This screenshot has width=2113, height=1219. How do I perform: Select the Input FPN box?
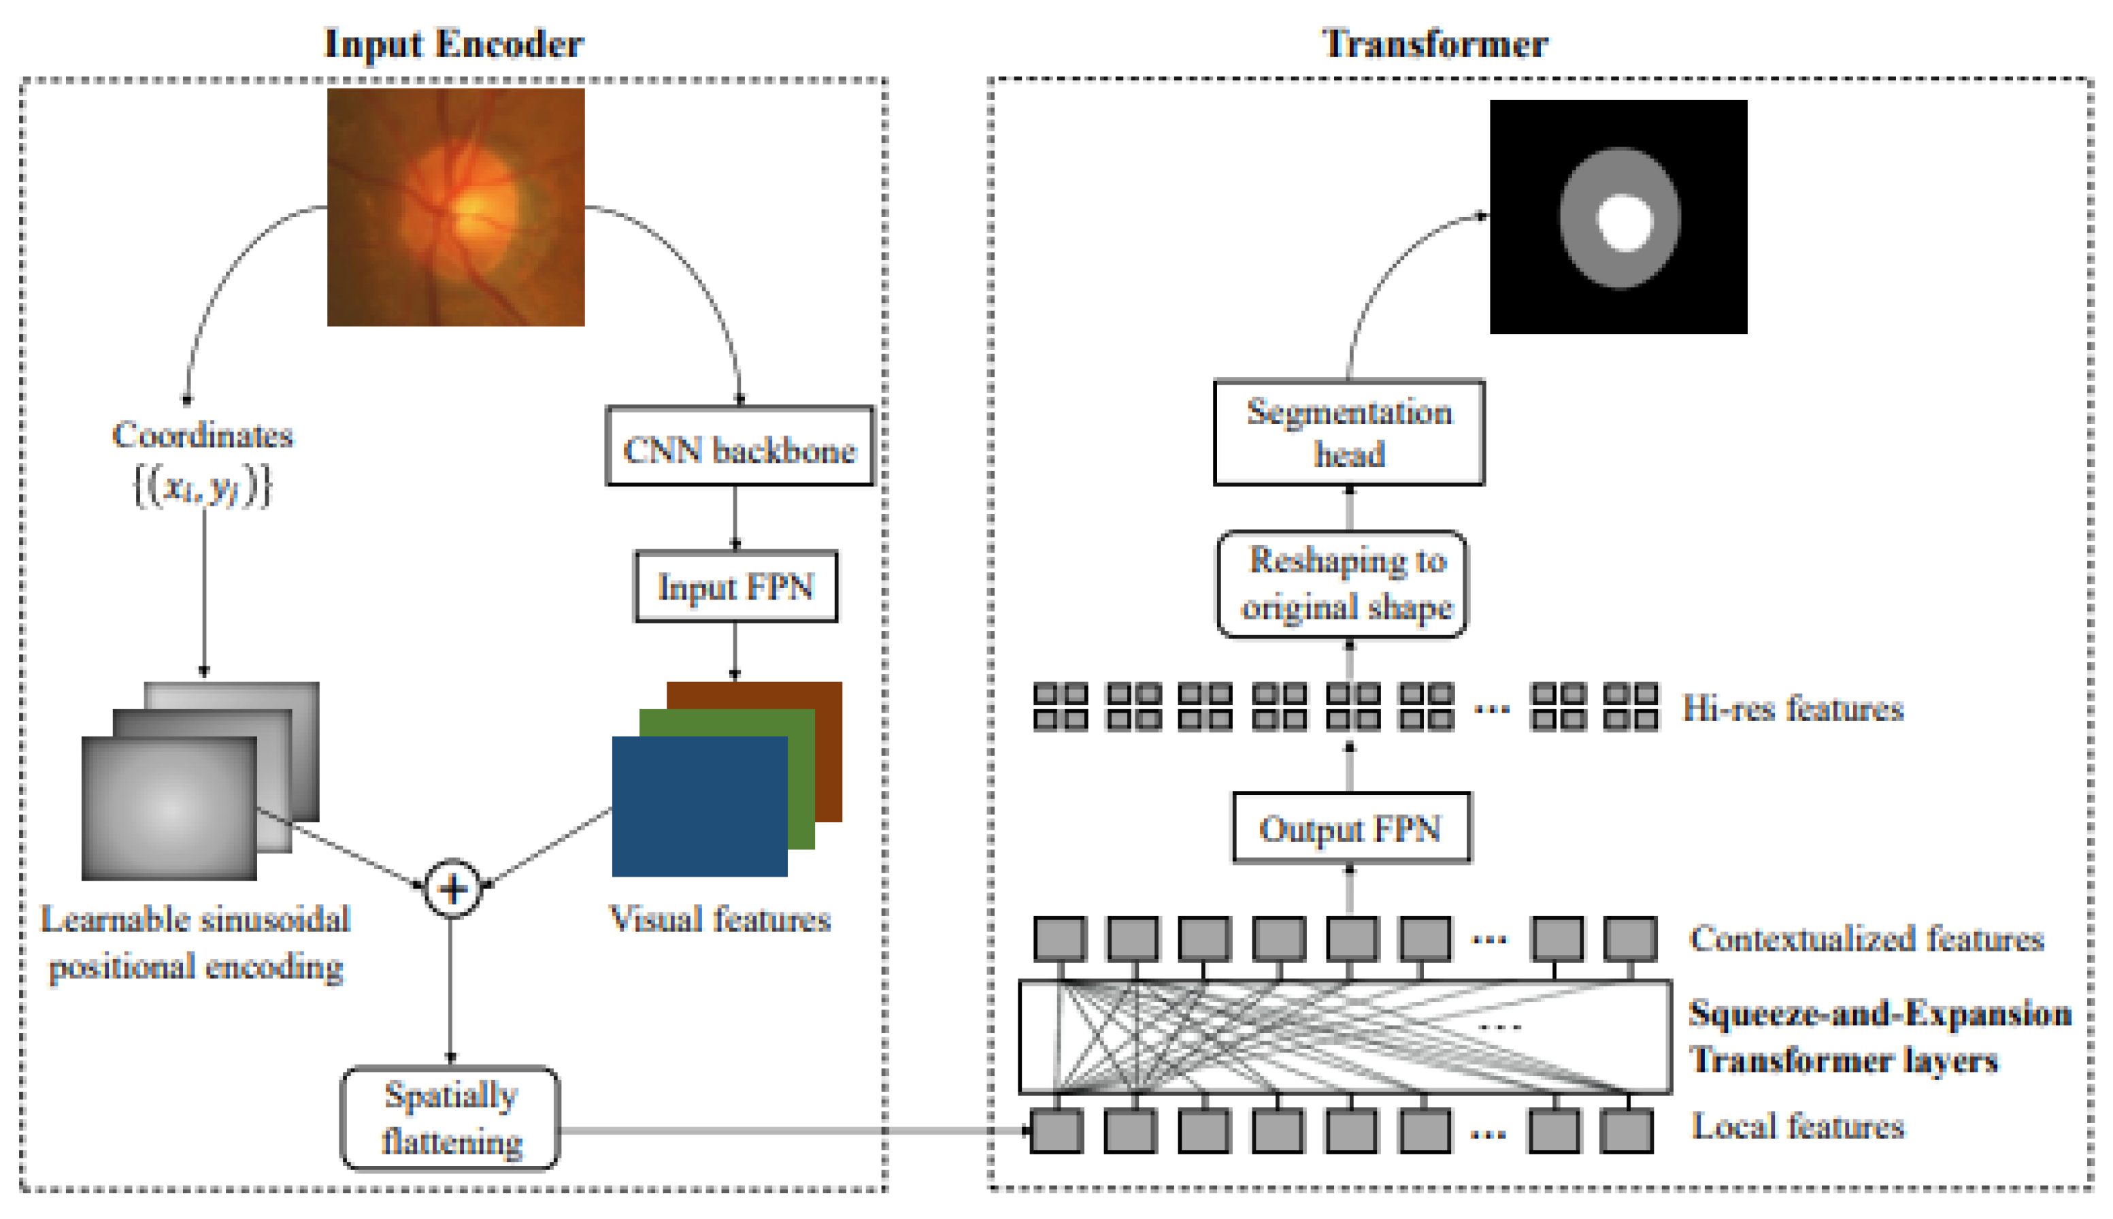click(735, 586)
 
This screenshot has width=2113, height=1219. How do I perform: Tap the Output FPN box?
click(1350, 827)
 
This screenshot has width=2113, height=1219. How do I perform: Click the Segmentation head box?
click(1349, 432)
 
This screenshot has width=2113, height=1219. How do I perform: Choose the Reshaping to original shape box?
click(1342, 583)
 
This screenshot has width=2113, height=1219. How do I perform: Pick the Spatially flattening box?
click(450, 1118)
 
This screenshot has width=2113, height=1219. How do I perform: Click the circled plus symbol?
click(452, 888)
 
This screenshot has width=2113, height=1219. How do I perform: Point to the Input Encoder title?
click(454, 44)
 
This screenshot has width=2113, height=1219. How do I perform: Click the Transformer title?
click(1434, 44)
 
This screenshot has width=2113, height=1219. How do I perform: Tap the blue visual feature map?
click(699, 807)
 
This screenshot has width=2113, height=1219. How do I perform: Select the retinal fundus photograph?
click(456, 207)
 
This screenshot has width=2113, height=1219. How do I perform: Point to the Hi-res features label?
click(1793, 709)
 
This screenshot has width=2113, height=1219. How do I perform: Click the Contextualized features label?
click(1867, 938)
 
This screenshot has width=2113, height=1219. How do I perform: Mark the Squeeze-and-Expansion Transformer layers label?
click(1880, 1037)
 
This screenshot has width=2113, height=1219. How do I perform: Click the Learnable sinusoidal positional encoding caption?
click(196, 943)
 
